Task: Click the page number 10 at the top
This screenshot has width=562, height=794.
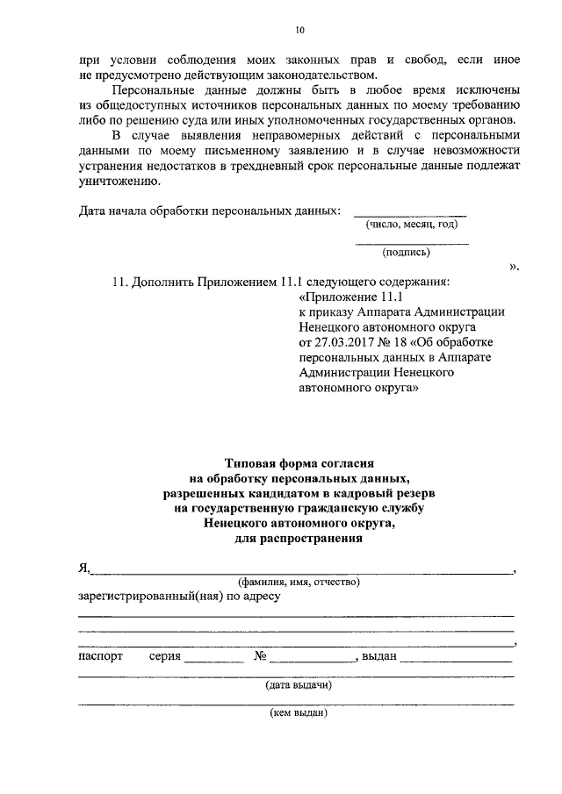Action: point(299,31)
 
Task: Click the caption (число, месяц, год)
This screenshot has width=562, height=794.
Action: point(412,225)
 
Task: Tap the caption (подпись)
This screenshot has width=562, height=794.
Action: point(406,253)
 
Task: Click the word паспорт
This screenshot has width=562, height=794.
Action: point(101,656)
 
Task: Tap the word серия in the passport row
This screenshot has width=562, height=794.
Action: point(165,656)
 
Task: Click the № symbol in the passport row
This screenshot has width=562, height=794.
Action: point(260,656)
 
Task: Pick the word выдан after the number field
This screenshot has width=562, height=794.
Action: point(379,656)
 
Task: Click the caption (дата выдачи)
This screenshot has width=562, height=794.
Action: point(299,686)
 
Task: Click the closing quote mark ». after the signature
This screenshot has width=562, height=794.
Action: point(514,266)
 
